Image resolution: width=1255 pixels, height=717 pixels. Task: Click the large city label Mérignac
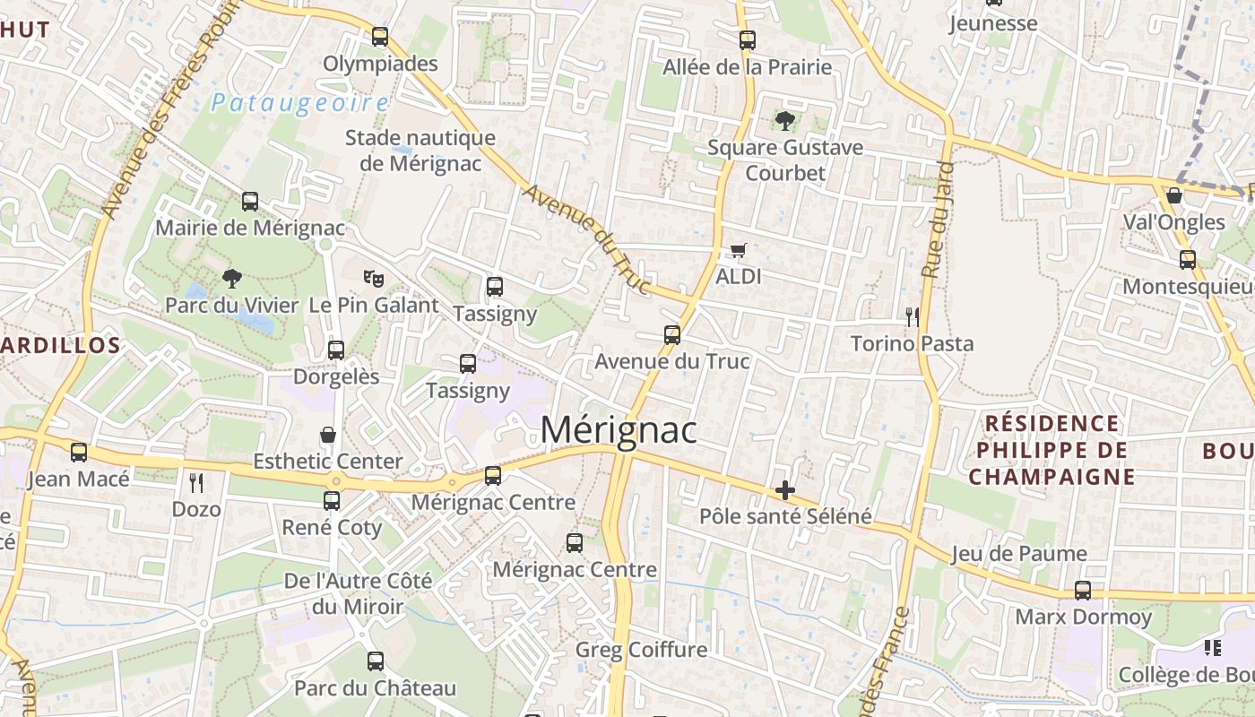pyautogui.click(x=619, y=430)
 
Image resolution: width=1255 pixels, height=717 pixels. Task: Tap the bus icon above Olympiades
pyautogui.click(x=380, y=37)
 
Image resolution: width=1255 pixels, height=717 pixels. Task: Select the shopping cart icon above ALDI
pyautogui.click(x=738, y=250)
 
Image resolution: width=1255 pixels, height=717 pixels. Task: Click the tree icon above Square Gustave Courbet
pyautogui.click(x=785, y=120)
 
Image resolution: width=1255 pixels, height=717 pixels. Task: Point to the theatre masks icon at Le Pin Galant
pyautogui.click(x=373, y=279)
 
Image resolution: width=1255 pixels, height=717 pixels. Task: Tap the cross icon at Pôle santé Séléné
pyautogui.click(x=785, y=489)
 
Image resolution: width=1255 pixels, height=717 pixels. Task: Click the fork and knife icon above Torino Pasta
pyautogui.click(x=912, y=316)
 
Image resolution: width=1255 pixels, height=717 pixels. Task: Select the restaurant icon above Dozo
pyautogui.click(x=196, y=483)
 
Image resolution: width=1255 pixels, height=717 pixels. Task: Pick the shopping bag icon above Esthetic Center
pyautogui.click(x=328, y=435)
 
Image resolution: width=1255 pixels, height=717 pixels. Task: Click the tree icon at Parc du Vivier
pyautogui.click(x=231, y=279)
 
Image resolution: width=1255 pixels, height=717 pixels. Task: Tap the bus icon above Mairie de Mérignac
pyautogui.click(x=250, y=202)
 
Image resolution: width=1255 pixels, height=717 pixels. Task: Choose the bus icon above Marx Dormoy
pyautogui.click(x=1083, y=591)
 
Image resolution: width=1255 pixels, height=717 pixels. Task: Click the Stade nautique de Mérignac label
pyautogui.click(x=420, y=151)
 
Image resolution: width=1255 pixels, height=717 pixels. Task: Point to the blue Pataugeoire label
pyautogui.click(x=299, y=103)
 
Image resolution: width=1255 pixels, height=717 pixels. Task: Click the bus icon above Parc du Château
pyautogui.click(x=376, y=661)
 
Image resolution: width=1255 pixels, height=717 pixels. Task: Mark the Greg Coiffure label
pyautogui.click(x=641, y=650)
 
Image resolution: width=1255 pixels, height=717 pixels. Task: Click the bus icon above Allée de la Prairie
pyautogui.click(x=748, y=40)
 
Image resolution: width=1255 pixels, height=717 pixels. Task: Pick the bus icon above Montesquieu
pyautogui.click(x=1188, y=260)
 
